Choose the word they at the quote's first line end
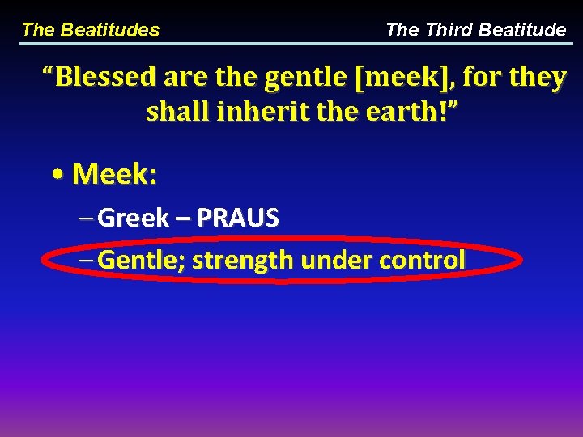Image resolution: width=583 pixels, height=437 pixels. pyautogui.click(x=538, y=78)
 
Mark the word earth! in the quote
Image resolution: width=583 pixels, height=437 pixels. pyautogui.click(x=389, y=112)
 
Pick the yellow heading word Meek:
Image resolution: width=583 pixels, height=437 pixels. pyautogui.click(x=114, y=173)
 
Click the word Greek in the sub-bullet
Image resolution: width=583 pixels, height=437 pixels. pyautogui.click(x=133, y=218)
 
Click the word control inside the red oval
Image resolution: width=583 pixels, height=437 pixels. pyautogui.click(x=422, y=260)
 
